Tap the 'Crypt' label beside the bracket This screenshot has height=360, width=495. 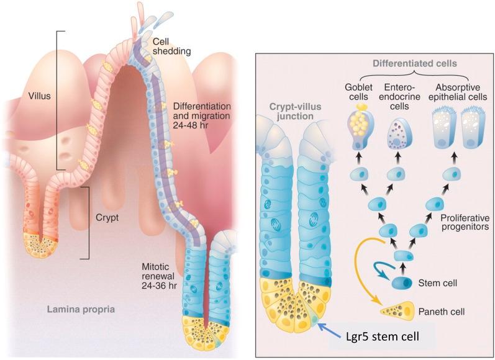107,219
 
